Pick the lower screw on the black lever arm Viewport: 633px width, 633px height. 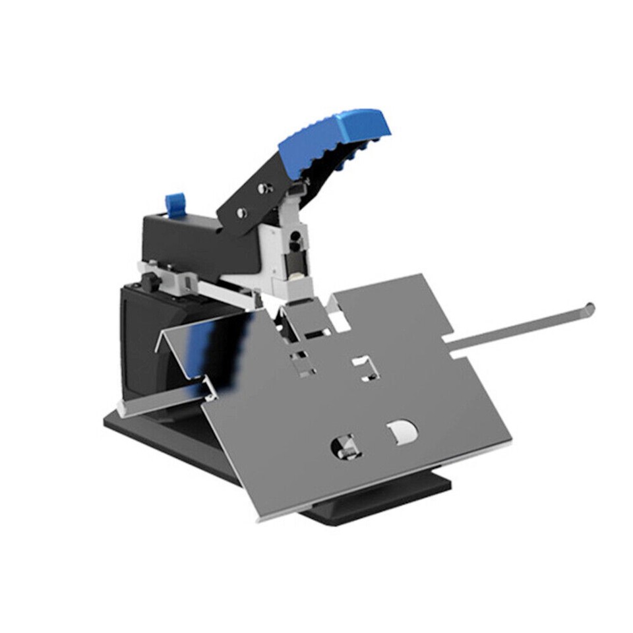[x=242, y=212]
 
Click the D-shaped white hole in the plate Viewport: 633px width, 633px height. [x=402, y=432]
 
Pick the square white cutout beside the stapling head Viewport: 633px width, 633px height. [x=340, y=322]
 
